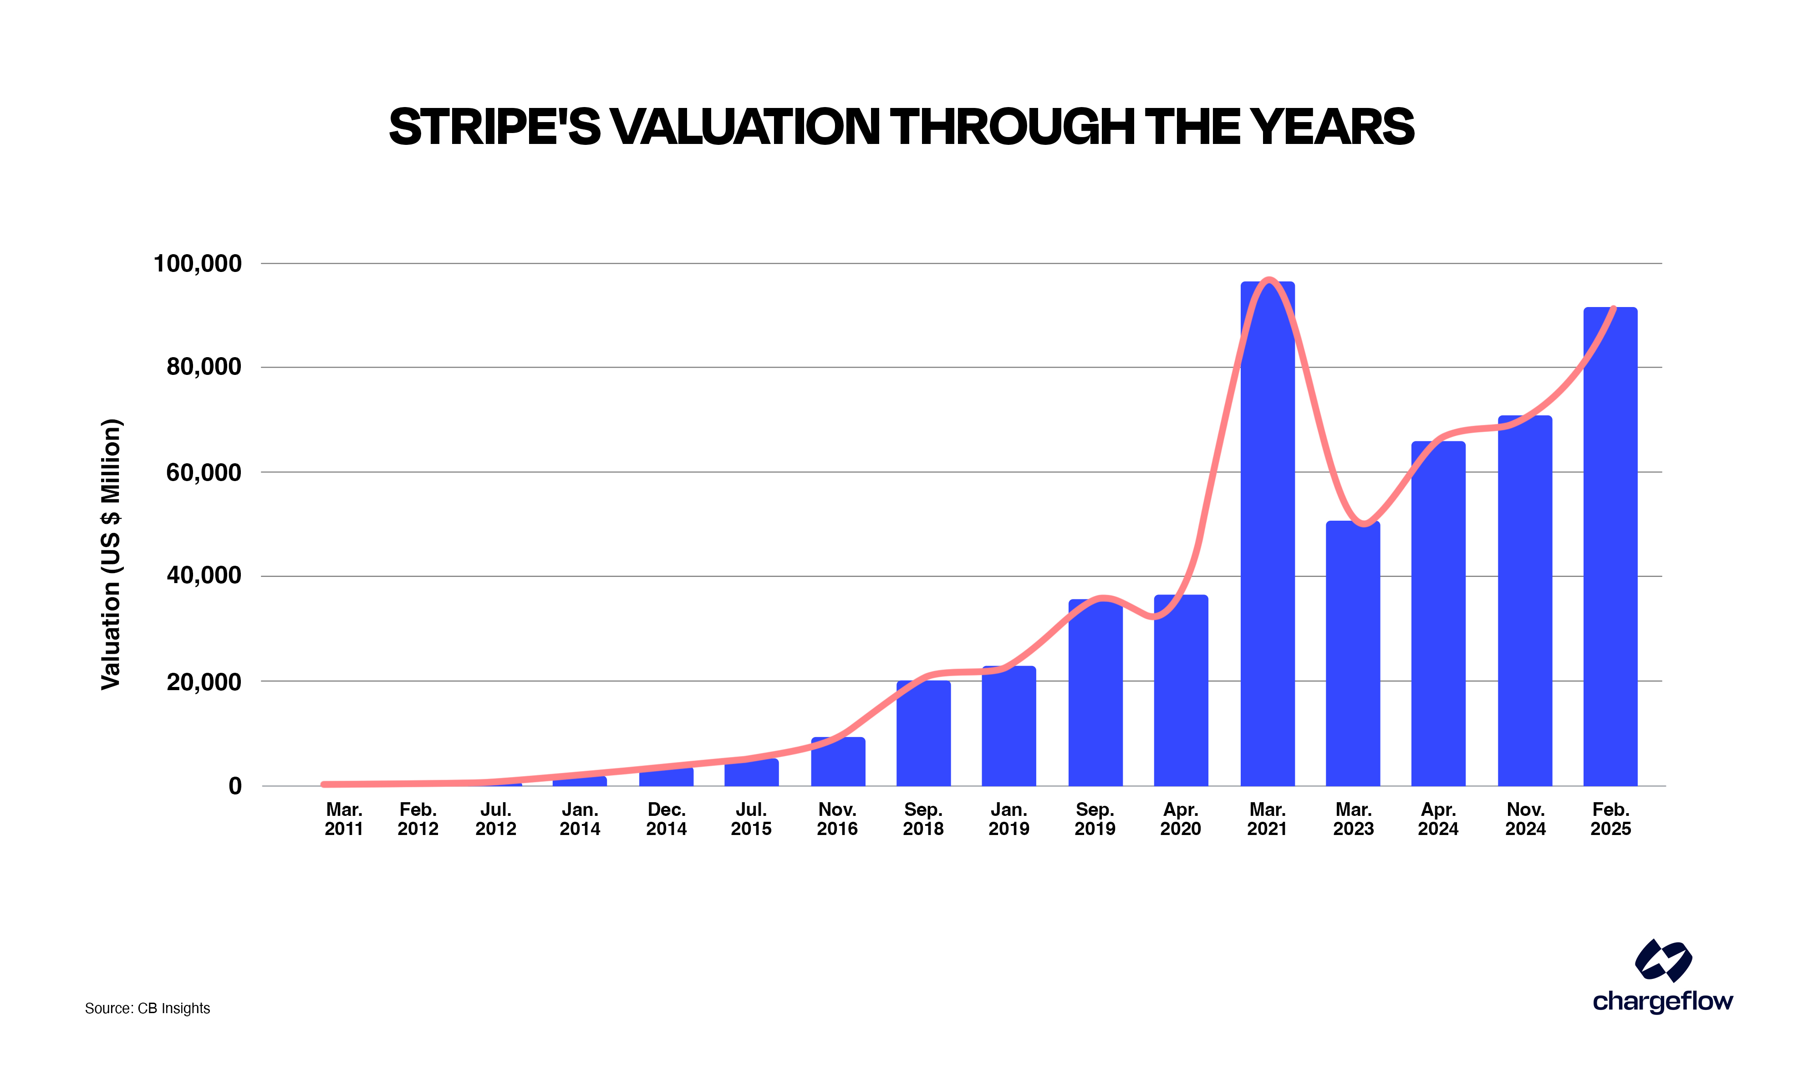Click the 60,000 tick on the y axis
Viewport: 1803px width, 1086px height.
(x=204, y=473)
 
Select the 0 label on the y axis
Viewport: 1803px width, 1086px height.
(x=235, y=786)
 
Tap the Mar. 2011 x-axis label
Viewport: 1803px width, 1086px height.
(x=344, y=819)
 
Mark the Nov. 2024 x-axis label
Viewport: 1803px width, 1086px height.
(x=1525, y=819)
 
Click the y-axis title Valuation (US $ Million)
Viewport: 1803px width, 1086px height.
(x=111, y=554)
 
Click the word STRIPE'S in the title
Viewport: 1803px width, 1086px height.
(x=494, y=127)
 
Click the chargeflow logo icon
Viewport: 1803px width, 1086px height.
(x=1663, y=960)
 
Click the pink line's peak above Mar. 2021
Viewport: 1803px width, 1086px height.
(x=1269, y=280)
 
